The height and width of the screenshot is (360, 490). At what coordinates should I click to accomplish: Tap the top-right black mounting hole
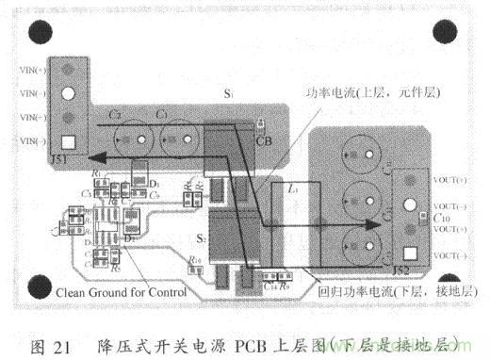450,34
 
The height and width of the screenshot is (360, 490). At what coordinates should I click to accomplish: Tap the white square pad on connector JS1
68,144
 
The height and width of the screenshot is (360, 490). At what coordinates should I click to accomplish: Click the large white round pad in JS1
68,94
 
